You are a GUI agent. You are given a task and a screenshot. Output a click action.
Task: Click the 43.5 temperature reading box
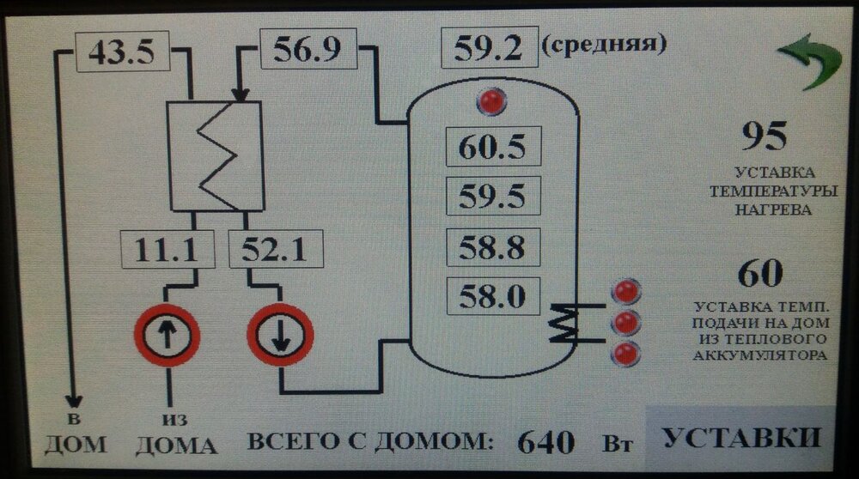121,53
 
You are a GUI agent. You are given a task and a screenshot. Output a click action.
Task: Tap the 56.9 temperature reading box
307,49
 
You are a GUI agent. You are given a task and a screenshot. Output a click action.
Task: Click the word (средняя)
605,42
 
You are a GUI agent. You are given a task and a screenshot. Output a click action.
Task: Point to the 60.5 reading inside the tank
492,147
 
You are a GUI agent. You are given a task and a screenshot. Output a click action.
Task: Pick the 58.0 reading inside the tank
492,297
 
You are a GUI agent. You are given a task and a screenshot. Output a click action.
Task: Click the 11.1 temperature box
163,251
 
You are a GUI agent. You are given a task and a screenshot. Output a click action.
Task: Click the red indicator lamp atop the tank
493,102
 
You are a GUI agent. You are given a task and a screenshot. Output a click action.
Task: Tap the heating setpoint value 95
764,136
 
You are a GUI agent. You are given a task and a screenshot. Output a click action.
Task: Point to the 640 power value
545,442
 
